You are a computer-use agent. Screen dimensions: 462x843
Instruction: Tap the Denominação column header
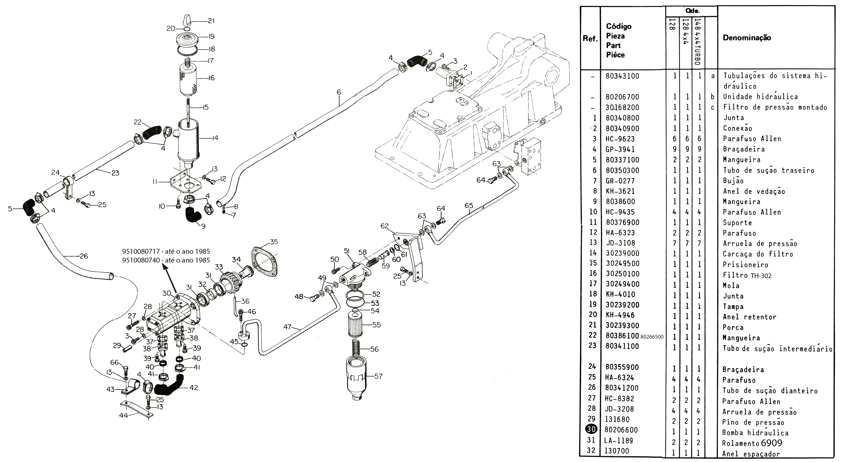[x=747, y=38]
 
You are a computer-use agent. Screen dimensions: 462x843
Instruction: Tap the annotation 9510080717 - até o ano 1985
[x=166, y=251]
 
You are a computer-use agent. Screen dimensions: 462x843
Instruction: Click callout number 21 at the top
[x=211, y=21]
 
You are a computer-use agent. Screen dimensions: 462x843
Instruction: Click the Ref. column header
[x=590, y=39]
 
